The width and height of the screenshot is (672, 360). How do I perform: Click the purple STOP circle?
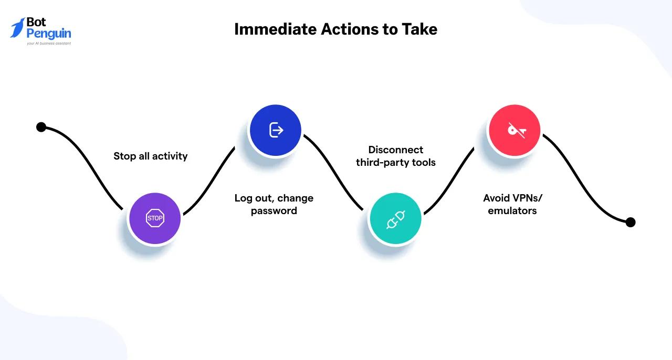(x=155, y=218)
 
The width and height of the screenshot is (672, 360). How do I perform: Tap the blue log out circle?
(x=276, y=130)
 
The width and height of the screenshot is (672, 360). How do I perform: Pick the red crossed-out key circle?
(x=514, y=130)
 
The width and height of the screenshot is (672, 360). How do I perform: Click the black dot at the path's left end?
(x=41, y=127)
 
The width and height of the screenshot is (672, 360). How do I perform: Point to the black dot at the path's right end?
(x=631, y=222)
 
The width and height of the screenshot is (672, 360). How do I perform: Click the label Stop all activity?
(x=150, y=156)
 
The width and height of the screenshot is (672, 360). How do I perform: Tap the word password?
(x=274, y=211)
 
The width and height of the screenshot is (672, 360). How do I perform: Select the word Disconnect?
(x=395, y=150)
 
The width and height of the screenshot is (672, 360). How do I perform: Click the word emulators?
(x=512, y=211)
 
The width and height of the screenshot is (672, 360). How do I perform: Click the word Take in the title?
(x=419, y=29)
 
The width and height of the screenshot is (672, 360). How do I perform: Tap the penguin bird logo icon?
(x=17, y=28)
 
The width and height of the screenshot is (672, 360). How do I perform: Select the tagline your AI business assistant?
(x=49, y=44)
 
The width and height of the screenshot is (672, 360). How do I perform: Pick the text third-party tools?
(x=395, y=162)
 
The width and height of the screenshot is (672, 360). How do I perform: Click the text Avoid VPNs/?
(x=512, y=198)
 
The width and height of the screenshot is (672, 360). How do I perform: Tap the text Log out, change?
(x=274, y=198)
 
